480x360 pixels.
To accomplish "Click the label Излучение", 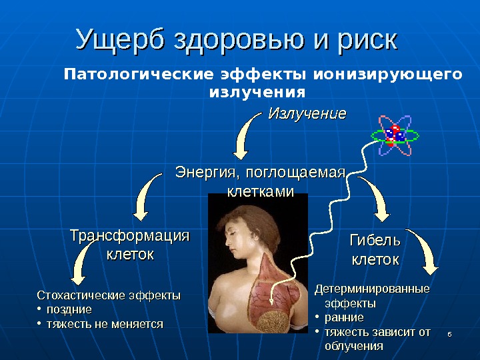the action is pyautogui.click(x=307, y=114).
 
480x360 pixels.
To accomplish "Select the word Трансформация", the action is pyautogui.click(x=130, y=237).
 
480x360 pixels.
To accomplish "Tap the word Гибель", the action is pyautogui.click(x=375, y=240).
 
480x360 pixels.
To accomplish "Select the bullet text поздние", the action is pyautogui.click(x=69, y=310).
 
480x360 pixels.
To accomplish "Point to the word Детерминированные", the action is pyautogui.click(x=372, y=289).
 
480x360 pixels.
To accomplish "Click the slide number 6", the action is pyautogui.click(x=450, y=333).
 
